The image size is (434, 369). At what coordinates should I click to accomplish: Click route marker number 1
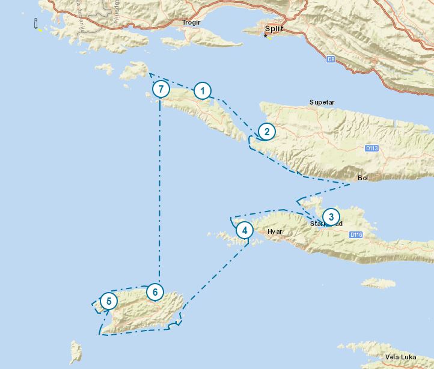[203, 91]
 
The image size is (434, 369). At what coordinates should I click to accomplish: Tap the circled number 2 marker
[266, 132]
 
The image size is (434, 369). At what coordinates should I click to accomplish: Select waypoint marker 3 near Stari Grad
[330, 217]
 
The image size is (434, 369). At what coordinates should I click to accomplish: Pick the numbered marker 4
[244, 230]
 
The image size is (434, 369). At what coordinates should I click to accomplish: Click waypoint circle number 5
[109, 301]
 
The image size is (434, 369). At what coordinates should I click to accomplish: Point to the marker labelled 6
[155, 292]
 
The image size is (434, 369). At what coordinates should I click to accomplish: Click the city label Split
[274, 28]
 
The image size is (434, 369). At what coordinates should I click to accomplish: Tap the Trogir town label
[191, 23]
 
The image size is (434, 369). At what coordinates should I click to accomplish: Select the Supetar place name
[322, 102]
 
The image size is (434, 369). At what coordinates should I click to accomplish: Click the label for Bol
[362, 178]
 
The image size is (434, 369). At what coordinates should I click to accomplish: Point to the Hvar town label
[275, 231]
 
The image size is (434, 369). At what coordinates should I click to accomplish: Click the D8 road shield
[331, 59]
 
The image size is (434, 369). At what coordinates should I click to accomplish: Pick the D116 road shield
[356, 234]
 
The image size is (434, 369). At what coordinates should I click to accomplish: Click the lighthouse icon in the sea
[36, 23]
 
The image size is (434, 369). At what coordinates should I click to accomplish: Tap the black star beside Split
[264, 37]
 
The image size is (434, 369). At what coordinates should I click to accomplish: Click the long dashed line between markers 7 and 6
[160, 192]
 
